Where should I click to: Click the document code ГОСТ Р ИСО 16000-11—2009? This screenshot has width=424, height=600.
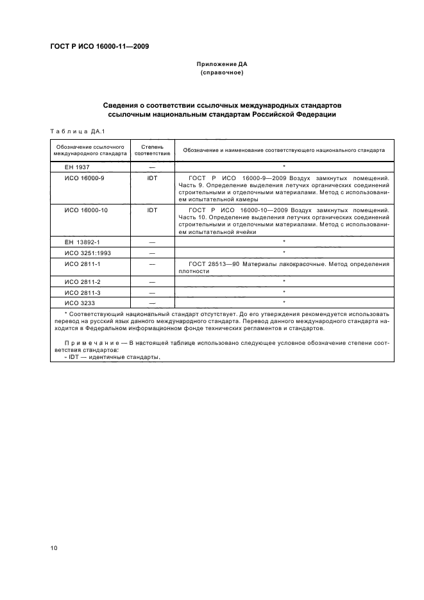coord(99,47)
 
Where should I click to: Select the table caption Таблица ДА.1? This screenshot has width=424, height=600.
coord(78,131)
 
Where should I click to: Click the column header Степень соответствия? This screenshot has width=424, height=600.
coord(152,150)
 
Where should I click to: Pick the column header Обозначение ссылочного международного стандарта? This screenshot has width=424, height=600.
coord(90,150)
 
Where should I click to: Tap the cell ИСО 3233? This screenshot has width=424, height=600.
coord(80,301)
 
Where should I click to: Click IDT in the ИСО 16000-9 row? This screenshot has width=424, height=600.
coord(152,178)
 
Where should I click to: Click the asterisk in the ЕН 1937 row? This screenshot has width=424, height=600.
coord(284,166)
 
